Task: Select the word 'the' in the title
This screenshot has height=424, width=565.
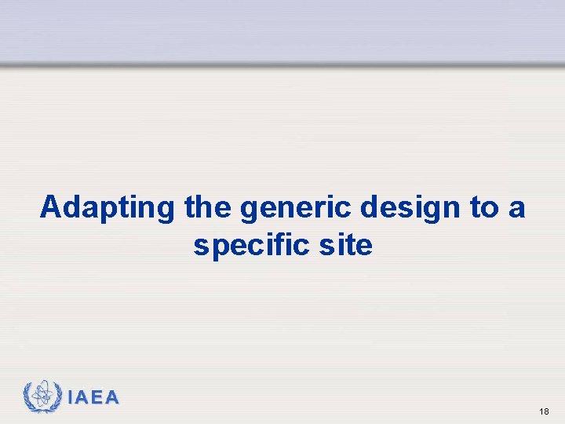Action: click(x=209, y=207)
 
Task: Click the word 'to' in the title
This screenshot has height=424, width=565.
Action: click(x=483, y=208)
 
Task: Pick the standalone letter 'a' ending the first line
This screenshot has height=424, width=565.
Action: click(x=517, y=209)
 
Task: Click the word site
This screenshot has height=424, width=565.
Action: click(x=344, y=246)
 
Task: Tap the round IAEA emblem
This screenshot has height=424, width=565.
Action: click(x=42, y=397)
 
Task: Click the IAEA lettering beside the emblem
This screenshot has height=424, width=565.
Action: click(x=93, y=398)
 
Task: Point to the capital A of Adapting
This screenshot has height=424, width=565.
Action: click(x=51, y=207)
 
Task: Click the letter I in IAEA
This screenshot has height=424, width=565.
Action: click(x=71, y=398)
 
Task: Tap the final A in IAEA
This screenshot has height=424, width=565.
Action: click(x=112, y=398)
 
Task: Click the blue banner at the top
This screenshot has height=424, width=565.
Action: click(x=282, y=30)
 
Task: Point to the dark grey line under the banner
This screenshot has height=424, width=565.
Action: click(x=282, y=65)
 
